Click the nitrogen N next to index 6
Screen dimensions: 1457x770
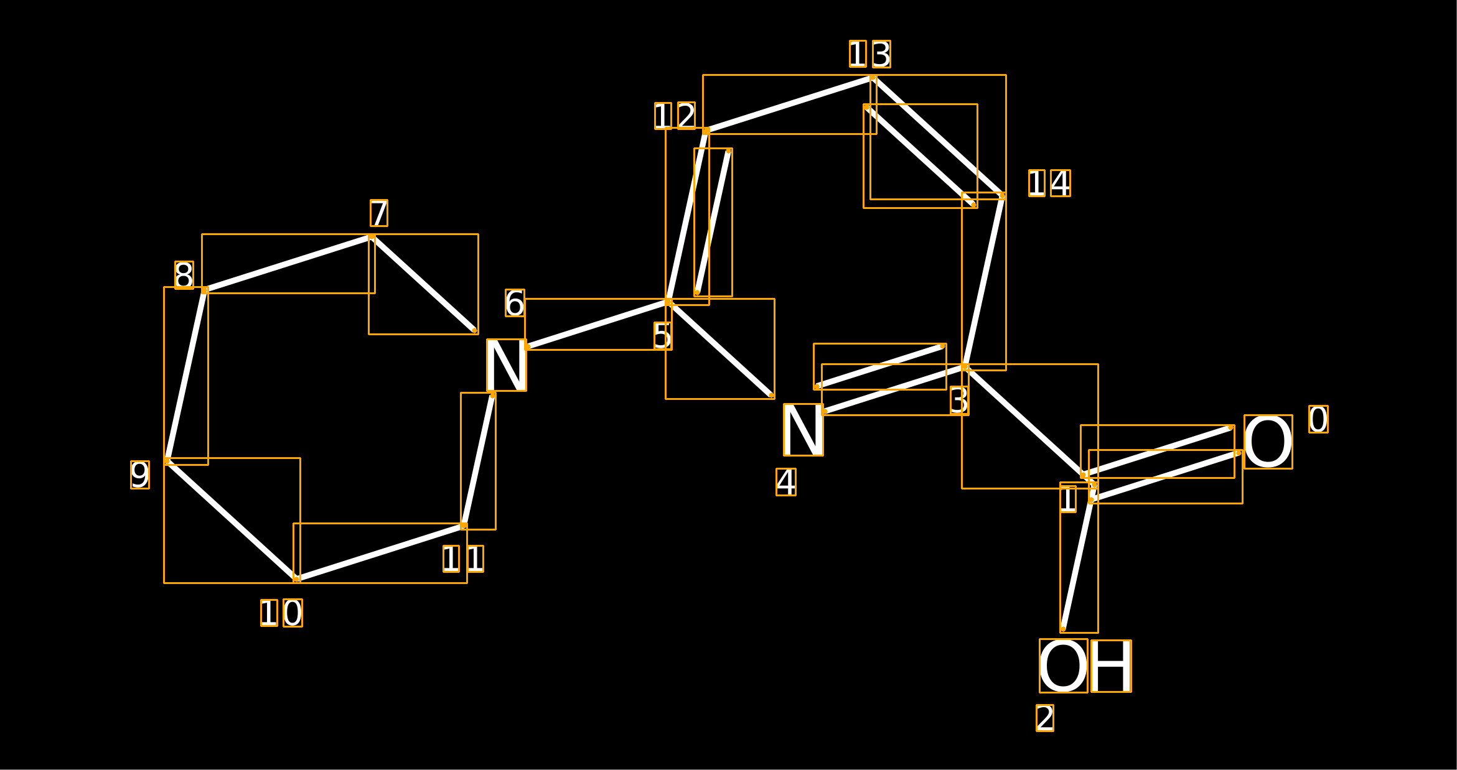(x=507, y=365)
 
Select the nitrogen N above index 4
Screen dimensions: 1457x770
(x=803, y=430)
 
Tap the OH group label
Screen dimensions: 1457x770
(x=1085, y=666)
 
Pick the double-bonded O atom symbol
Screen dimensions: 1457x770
(x=1268, y=442)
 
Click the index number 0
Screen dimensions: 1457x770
(x=1318, y=419)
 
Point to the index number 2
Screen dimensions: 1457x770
(x=1045, y=718)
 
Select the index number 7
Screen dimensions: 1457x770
(x=379, y=213)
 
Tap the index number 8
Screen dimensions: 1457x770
(x=184, y=275)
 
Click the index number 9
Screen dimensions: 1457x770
(x=140, y=475)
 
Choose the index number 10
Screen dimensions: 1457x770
(x=281, y=613)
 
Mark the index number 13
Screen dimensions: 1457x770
(x=870, y=54)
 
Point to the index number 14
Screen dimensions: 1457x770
(x=1049, y=183)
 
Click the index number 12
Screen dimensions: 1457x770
(x=675, y=116)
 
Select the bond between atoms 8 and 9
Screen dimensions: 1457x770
(x=186, y=376)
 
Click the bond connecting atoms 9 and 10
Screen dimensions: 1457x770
(x=232, y=521)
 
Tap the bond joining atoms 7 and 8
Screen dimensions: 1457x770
(x=288, y=264)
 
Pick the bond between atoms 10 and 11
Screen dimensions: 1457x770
(x=380, y=553)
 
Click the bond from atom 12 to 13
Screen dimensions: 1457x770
(x=790, y=104)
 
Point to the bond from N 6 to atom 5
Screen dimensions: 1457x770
(x=598, y=324)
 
